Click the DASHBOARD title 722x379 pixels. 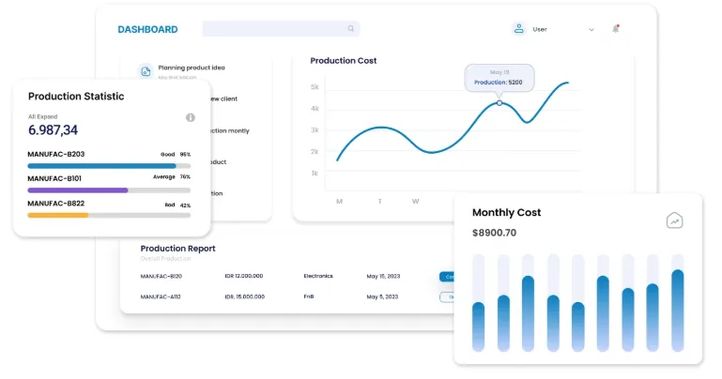pyautogui.click(x=147, y=29)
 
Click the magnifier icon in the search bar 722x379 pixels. pyautogui.click(x=351, y=29)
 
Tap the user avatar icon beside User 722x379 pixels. pyautogui.click(x=518, y=29)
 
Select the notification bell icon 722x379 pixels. pyautogui.click(x=616, y=28)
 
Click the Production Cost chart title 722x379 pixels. pyautogui.click(x=344, y=61)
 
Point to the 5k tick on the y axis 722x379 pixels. pyautogui.click(x=315, y=87)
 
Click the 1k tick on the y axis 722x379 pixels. pyautogui.click(x=315, y=174)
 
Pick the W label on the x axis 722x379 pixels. pyautogui.click(x=415, y=201)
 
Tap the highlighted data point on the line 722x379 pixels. pyautogui.click(x=499, y=102)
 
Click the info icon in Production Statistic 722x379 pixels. pyautogui.click(x=191, y=117)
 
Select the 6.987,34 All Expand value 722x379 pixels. pyautogui.click(x=54, y=130)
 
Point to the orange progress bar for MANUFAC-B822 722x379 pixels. pyautogui.click(x=58, y=215)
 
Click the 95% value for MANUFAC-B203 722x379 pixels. pyautogui.click(x=185, y=154)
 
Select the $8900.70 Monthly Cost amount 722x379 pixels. pyautogui.click(x=494, y=233)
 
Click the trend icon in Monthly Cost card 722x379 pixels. pyautogui.click(x=674, y=220)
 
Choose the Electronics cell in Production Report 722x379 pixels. pyautogui.click(x=318, y=276)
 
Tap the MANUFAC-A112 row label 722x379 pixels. pyautogui.click(x=161, y=296)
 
